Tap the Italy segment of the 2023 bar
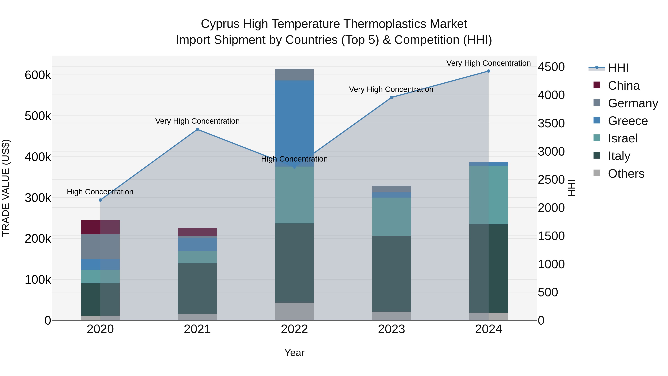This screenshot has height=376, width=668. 391,274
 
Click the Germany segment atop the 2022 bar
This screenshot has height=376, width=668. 294,75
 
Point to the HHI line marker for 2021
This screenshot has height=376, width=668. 197,129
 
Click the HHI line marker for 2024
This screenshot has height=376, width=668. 489,71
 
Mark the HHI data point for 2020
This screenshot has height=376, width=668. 100,200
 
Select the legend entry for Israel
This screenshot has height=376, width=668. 622,138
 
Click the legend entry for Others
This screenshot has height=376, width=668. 626,174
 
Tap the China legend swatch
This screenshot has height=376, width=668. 597,85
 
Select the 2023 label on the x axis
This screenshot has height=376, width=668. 391,329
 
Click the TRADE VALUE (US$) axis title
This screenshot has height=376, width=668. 6,188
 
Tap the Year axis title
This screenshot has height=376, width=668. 294,353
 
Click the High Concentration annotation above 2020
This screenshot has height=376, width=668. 100,192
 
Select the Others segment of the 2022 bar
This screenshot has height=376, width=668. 294,311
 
